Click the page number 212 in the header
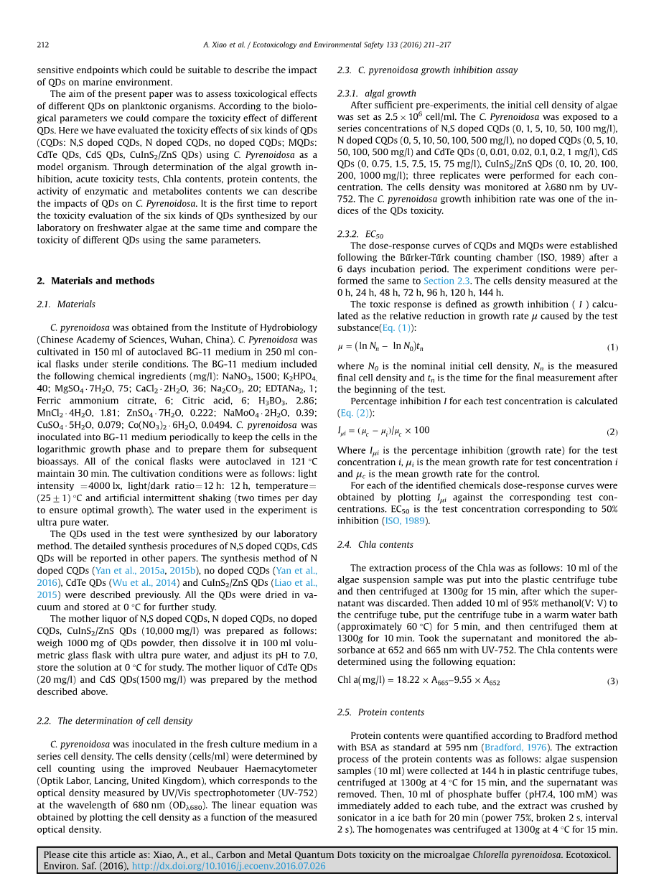(x=42, y=45)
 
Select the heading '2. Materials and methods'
(x=95, y=281)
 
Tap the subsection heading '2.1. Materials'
(x=66, y=304)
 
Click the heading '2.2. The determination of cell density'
(x=114, y=721)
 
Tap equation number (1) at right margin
(x=612, y=348)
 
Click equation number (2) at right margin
(x=612, y=432)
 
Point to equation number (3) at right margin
(x=612, y=681)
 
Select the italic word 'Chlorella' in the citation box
(x=492, y=854)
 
